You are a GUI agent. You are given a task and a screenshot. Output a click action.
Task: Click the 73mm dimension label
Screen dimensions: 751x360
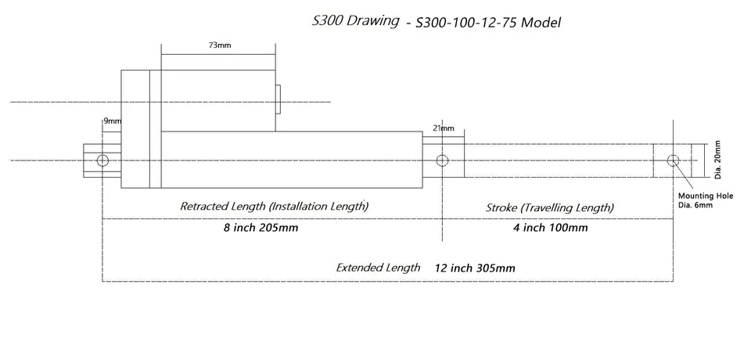click(219, 46)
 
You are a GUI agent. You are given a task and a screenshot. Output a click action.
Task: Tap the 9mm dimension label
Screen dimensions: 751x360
click(113, 121)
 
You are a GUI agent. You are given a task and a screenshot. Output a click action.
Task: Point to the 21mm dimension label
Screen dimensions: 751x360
click(442, 128)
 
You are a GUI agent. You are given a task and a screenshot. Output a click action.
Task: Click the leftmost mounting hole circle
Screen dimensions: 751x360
click(102, 160)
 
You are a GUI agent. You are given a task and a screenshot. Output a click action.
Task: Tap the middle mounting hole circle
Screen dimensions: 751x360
click(442, 160)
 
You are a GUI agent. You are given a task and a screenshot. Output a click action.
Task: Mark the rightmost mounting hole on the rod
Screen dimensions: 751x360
click(673, 160)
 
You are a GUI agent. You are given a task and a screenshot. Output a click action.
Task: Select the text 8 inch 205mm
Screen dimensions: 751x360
click(261, 229)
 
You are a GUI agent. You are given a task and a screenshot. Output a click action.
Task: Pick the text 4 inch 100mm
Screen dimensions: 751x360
click(549, 229)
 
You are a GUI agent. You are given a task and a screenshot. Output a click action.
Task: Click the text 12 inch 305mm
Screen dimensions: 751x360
click(475, 268)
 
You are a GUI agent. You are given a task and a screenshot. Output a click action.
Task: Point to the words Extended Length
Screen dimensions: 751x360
click(378, 268)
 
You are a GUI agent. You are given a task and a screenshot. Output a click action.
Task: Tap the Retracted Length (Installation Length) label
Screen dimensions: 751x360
click(274, 207)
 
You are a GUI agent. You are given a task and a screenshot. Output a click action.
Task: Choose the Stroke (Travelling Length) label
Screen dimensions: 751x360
click(550, 208)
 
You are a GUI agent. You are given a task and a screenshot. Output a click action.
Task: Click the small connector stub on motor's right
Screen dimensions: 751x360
click(278, 100)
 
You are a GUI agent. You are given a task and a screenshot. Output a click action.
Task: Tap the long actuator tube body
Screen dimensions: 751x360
click(289, 160)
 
